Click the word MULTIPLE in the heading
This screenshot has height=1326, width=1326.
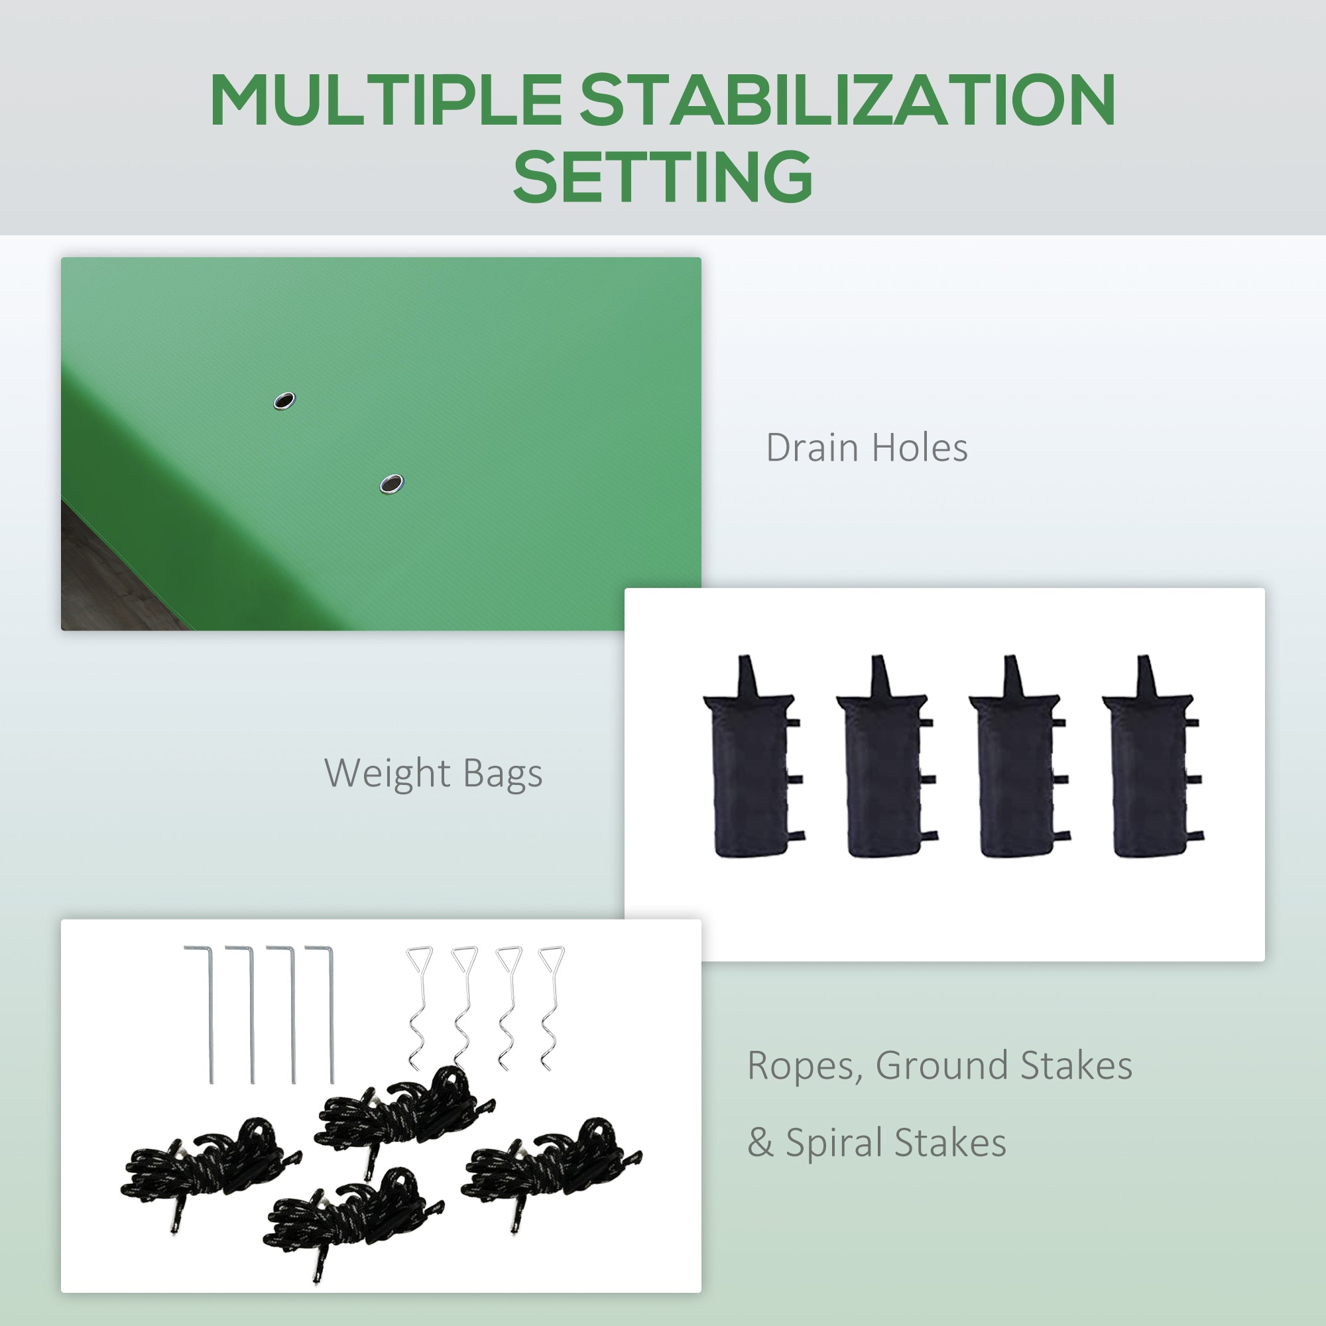tap(387, 100)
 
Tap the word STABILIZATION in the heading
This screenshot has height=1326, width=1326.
tap(847, 100)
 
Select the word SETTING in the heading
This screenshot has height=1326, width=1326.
tap(663, 176)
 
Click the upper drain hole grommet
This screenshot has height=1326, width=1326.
tap(284, 401)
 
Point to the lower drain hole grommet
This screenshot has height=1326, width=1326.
tap(391, 484)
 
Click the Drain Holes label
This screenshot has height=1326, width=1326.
tap(867, 448)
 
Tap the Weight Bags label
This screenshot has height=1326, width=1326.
tap(433, 774)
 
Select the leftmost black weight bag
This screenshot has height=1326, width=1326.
tap(753, 756)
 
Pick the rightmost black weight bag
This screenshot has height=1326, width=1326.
tap(1152, 756)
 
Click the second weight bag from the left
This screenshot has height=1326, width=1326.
tap(886, 756)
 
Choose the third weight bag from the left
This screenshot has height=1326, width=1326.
tap(1019, 756)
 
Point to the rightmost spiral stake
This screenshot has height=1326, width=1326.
tap(550, 1008)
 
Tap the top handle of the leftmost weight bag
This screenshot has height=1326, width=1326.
tap(746, 676)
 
